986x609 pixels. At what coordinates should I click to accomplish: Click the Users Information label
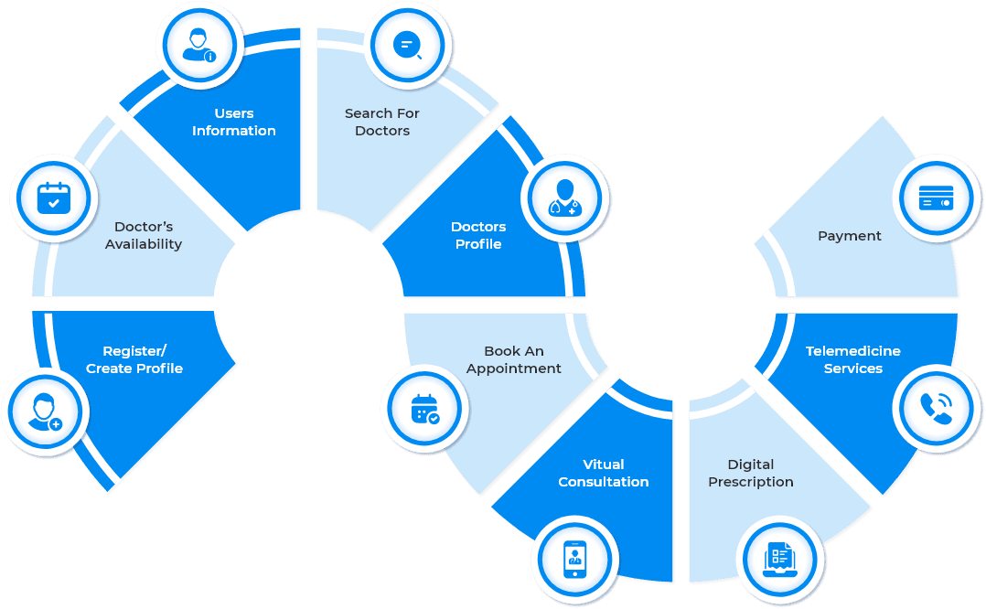(x=233, y=122)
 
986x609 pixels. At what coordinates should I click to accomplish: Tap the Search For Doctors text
(x=381, y=122)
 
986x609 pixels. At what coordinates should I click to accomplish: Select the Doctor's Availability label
(x=144, y=235)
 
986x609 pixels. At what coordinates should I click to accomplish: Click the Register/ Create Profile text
(x=134, y=359)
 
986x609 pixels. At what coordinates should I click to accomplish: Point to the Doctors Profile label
(x=478, y=235)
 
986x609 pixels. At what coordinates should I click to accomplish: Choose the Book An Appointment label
(x=514, y=359)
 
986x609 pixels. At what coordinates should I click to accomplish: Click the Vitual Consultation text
(x=603, y=473)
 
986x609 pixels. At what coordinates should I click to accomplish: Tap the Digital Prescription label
(x=751, y=473)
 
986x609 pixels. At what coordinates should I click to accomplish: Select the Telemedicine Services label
(x=852, y=359)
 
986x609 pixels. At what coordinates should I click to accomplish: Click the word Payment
(x=849, y=236)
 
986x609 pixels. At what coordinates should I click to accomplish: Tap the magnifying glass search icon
(x=407, y=45)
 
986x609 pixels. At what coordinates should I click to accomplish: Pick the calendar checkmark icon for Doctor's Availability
(x=53, y=198)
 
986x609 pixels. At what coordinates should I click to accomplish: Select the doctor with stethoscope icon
(x=564, y=198)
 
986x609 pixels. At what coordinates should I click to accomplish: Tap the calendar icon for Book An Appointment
(x=424, y=409)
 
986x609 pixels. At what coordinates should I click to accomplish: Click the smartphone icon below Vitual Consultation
(x=575, y=559)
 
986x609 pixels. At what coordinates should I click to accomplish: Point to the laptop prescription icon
(x=780, y=559)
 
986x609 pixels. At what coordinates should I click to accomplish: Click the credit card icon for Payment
(x=936, y=198)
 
